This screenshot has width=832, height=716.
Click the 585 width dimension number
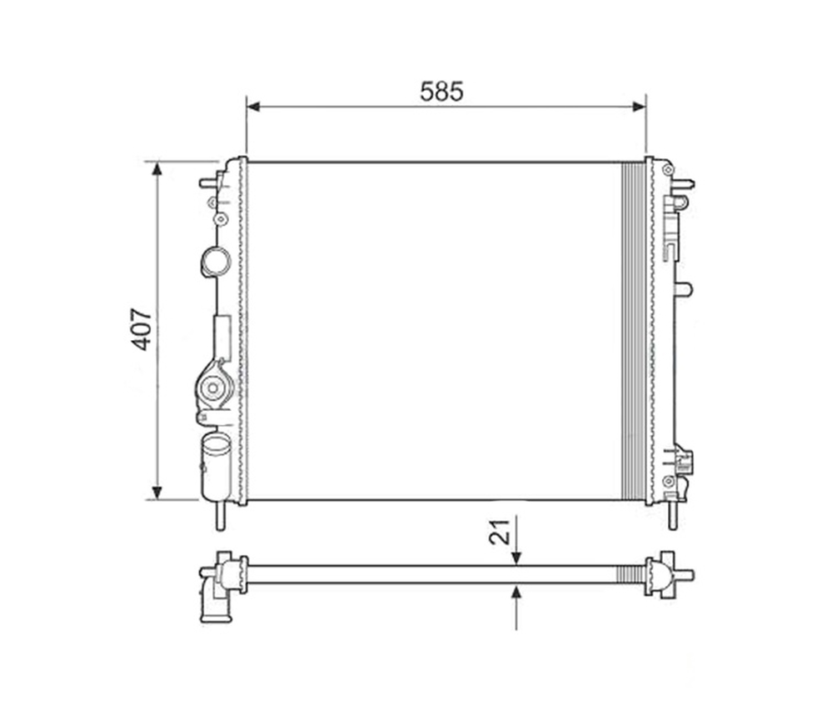[x=441, y=92]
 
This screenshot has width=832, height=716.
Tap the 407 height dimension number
[x=142, y=329]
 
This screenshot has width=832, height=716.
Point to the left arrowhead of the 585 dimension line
[x=254, y=107]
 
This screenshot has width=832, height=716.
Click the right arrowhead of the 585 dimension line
[x=639, y=107]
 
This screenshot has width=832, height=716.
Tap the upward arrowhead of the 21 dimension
[x=516, y=591]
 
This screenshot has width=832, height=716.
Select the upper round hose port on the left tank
[x=216, y=262]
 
